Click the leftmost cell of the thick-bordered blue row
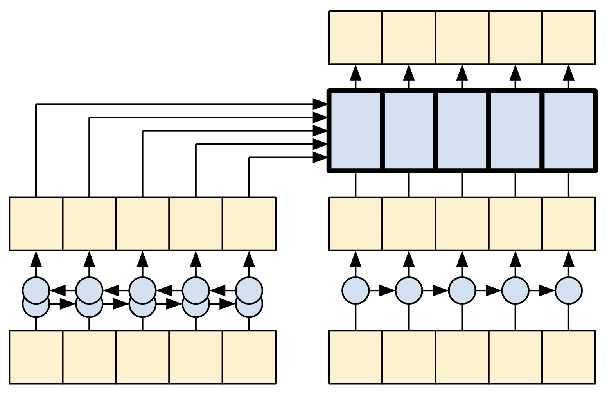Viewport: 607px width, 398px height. coord(355,131)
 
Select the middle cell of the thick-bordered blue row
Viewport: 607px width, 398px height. coord(462,131)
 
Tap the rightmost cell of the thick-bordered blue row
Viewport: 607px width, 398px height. coord(569,131)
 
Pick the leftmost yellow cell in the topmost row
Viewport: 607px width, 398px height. coord(356,38)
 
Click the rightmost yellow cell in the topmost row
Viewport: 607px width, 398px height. coord(569,38)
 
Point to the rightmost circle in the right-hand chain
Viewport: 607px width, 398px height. coord(569,290)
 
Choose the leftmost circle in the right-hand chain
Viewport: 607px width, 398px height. coord(356,290)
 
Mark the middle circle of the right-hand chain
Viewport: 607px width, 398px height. coord(462,290)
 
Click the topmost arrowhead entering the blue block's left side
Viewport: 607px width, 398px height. coord(320,104)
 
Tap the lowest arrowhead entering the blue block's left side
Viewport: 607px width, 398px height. coord(320,158)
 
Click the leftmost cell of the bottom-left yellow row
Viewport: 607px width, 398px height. coord(36,357)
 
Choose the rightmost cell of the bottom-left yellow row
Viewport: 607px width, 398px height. coord(249,357)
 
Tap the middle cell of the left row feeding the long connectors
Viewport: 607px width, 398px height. coord(143,224)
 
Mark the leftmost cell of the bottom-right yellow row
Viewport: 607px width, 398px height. coord(356,357)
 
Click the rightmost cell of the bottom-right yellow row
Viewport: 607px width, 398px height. coord(569,357)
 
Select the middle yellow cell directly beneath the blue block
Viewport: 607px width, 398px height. coord(462,224)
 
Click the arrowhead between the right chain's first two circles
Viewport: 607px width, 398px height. coord(387,290)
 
